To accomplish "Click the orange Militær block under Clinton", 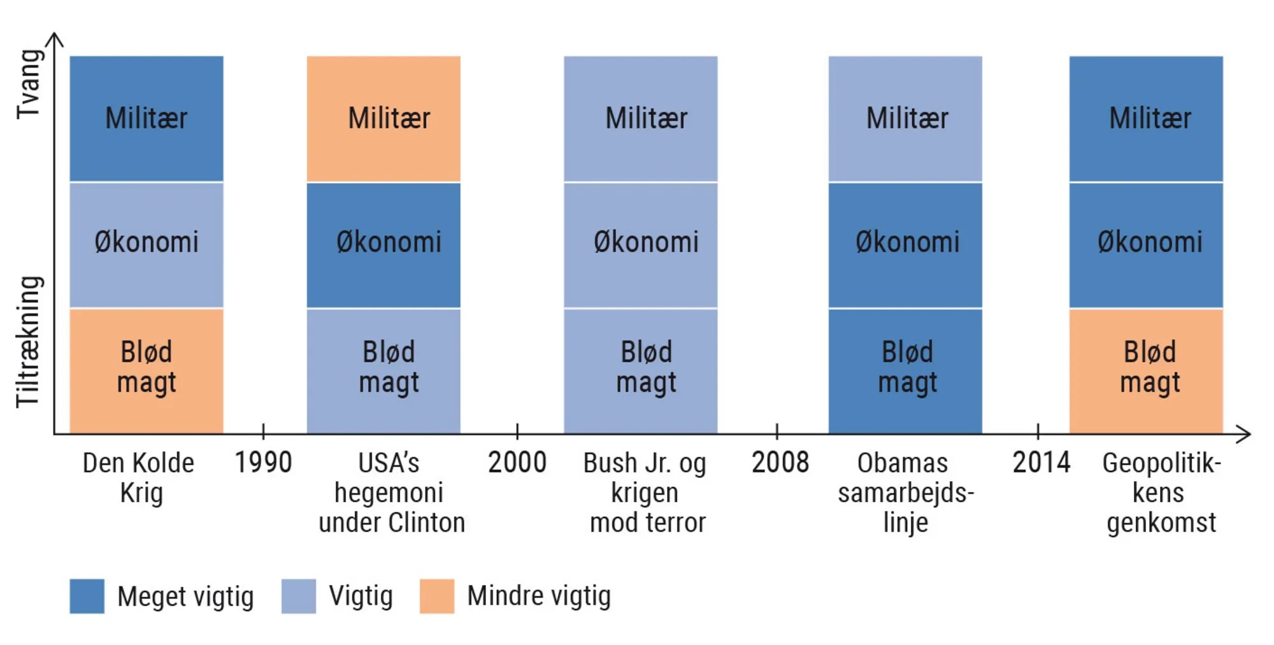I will coord(383,119).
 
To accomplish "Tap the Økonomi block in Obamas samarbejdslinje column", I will coord(905,245).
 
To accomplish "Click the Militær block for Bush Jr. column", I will coord(641,119).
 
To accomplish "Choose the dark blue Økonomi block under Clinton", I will coord(383,245).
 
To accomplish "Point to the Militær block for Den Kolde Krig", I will coord(147,119).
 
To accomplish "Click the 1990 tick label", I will coord(263,462).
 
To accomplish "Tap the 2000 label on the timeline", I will coord(517,462).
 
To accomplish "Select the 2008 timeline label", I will coord(780,462).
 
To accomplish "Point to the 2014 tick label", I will coord(1041,462).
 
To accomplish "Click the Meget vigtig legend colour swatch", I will coord(87,596).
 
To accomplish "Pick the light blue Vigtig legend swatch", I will coord(299,596).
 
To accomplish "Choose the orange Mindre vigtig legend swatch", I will coord(437,596).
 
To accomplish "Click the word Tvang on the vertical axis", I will coord(29,84).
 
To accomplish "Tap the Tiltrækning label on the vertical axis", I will coord(29,341).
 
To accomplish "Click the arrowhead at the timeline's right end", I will coord(1245,434).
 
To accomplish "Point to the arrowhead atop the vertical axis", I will coord(55,40).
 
